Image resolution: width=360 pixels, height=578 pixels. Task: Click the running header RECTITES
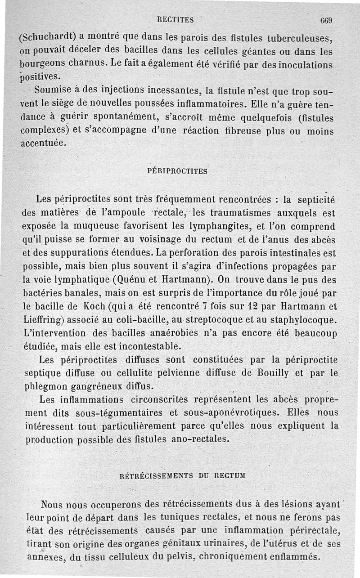tap(176, 19)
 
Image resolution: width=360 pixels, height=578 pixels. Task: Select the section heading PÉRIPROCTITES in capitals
tap(177, 171)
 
